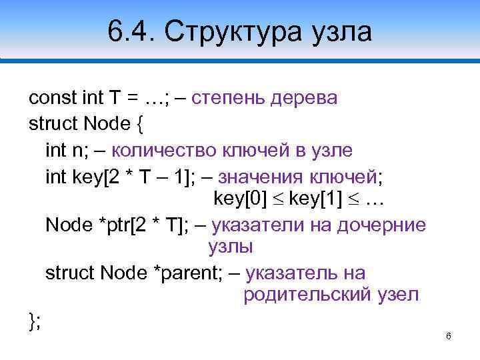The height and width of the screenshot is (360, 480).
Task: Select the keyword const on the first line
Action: (x=52, y=99)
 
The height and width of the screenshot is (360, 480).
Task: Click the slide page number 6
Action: (x=449, y=336)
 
